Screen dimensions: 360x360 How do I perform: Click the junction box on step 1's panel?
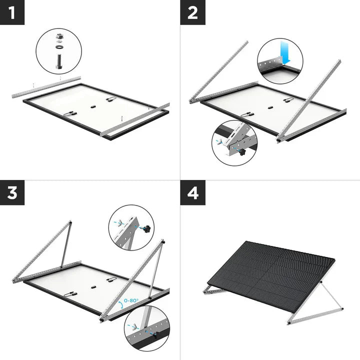click(x=92, y=106)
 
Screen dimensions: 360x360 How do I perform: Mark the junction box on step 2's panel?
click(x=269, y=107)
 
